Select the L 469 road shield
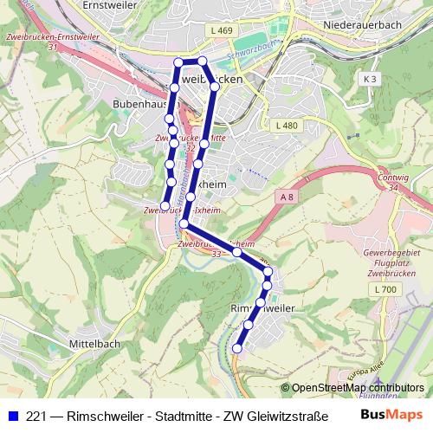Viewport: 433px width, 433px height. coord(222,31)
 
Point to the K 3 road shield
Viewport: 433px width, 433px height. coord(371,79)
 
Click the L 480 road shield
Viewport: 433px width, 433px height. coord(287,126)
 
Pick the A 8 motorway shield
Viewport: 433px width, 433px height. coord(287,197)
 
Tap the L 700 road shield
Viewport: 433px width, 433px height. coord(387,288)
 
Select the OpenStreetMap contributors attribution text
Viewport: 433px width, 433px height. coord(358,387)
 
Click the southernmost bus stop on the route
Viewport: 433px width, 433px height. coord(237,348)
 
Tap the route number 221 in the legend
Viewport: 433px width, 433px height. coord(35,416)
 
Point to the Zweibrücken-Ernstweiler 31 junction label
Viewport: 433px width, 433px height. coord(32,41)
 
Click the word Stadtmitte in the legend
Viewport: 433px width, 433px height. coord(179,416)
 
